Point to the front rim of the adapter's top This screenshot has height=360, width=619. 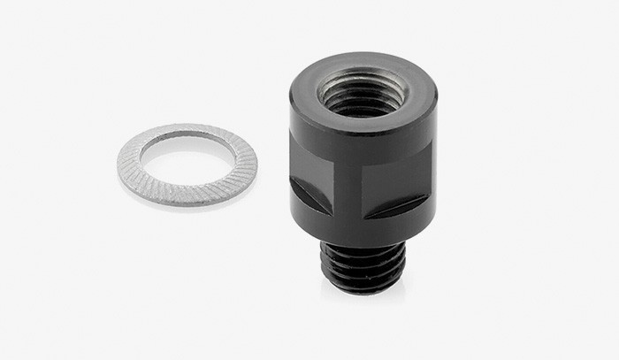point(363,125)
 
